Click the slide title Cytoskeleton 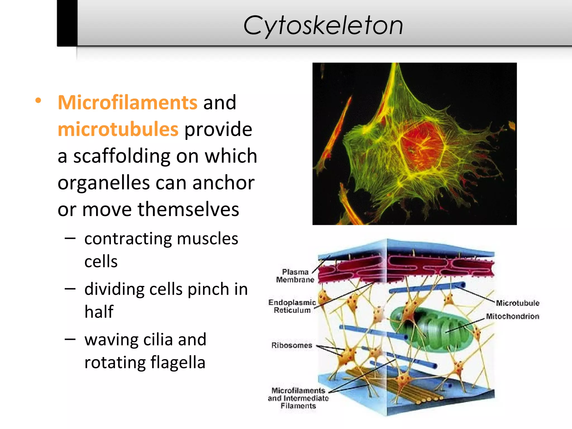(323, 26)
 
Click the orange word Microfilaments (128, 103)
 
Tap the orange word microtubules (118, 129)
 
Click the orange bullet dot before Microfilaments (38, 101)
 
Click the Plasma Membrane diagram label (295, 276)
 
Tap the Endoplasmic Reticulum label (292, 306)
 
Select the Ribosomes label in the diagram (292, 345)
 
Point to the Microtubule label (518, 303)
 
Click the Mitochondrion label (513, 316)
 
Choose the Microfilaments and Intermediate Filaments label (298, 398)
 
